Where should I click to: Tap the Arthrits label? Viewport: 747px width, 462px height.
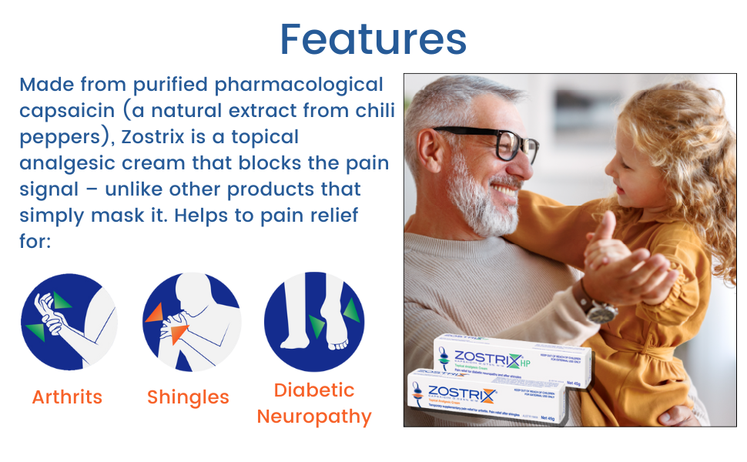(67, 397)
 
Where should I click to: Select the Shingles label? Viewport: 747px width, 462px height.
(188, 397)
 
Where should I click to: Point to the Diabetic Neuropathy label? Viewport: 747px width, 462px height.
(314, 403)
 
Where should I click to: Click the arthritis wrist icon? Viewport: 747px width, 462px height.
(69, 321)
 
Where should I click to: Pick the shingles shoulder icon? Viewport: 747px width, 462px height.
(193, 321)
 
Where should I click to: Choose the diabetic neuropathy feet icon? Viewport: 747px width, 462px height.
(314, 321)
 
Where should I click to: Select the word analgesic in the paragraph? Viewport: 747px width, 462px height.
(67, 163)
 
